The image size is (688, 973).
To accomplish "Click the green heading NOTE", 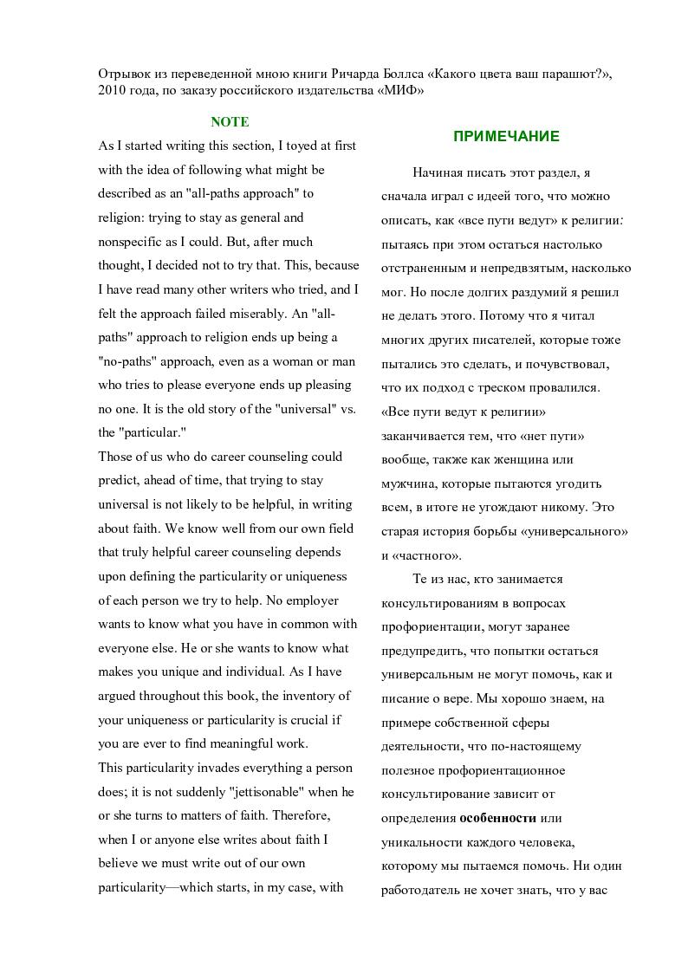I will (230, 122).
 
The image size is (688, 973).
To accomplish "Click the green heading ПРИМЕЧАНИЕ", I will (506, 136).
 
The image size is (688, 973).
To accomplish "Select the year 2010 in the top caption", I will (114, 91).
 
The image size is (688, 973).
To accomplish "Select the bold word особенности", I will (497, 817).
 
